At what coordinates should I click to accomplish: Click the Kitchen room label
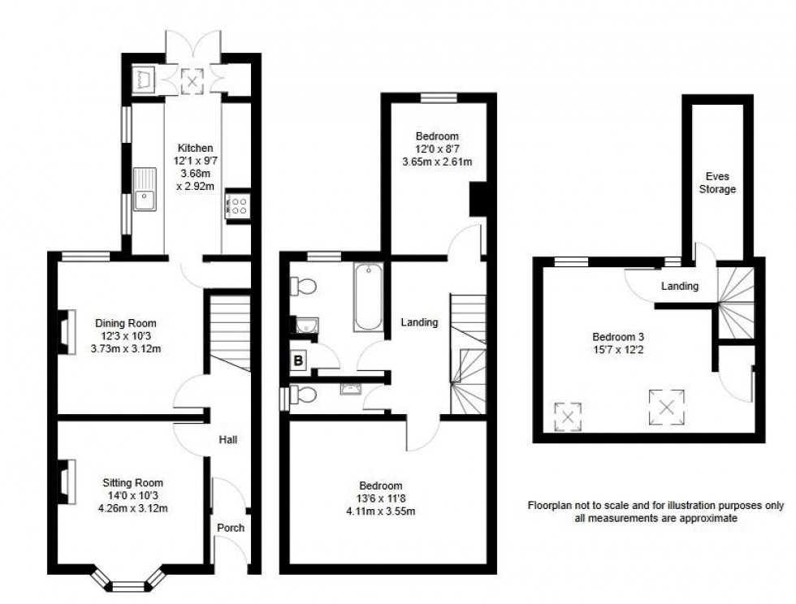pyautogui.click(x=196, y=149)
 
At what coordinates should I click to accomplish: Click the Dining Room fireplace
pyautogui.click(x=64, y=334)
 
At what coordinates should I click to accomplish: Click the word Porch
pyautogui.click(x=231, y=528)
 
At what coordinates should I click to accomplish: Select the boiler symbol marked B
pyautogui.click(x=298, y=359)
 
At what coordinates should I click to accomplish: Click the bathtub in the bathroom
pyautogui.click(x=368, y=297)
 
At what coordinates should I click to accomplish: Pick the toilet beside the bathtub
pyautogui.click(x=305, y=287)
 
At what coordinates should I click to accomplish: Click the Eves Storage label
pyautogui.click(x=719, y=182)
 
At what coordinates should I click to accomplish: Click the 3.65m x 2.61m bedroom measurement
pyautogui.click(x=437, y=162)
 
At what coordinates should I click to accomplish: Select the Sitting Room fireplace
pyautogui.click(x=64, y=482)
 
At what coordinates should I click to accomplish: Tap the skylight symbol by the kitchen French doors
pyautogui.click(x=193, y=79)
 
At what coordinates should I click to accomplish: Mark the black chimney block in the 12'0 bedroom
pyautogui.click(x=478, y=199)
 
